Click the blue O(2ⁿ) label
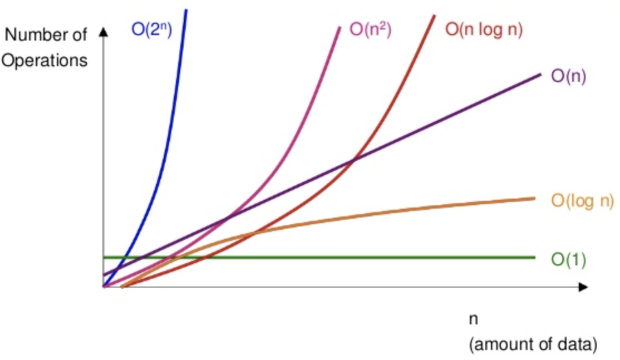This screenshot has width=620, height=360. click(x=151, y=29)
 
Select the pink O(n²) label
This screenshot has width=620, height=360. click(x=371, y=29)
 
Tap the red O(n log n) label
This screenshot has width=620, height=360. click(x=484, y=29)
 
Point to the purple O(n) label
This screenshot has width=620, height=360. click(x=569, y=76)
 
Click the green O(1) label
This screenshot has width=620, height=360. click(x=568, y=259)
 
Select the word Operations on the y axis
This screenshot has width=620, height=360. click(x=45, y=60)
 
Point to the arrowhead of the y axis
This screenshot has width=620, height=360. click(x=103, y=32)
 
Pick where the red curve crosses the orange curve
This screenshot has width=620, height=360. click(x=253, y=233)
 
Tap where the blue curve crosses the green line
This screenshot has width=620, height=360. click(x=126, y=257)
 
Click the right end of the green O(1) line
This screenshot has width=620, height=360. click(x=534, y=257)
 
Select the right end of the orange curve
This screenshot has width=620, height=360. click(x=534, y=198)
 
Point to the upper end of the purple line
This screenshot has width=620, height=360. click(x=540, y=74)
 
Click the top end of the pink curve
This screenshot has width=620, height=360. click(x=339, y=27)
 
